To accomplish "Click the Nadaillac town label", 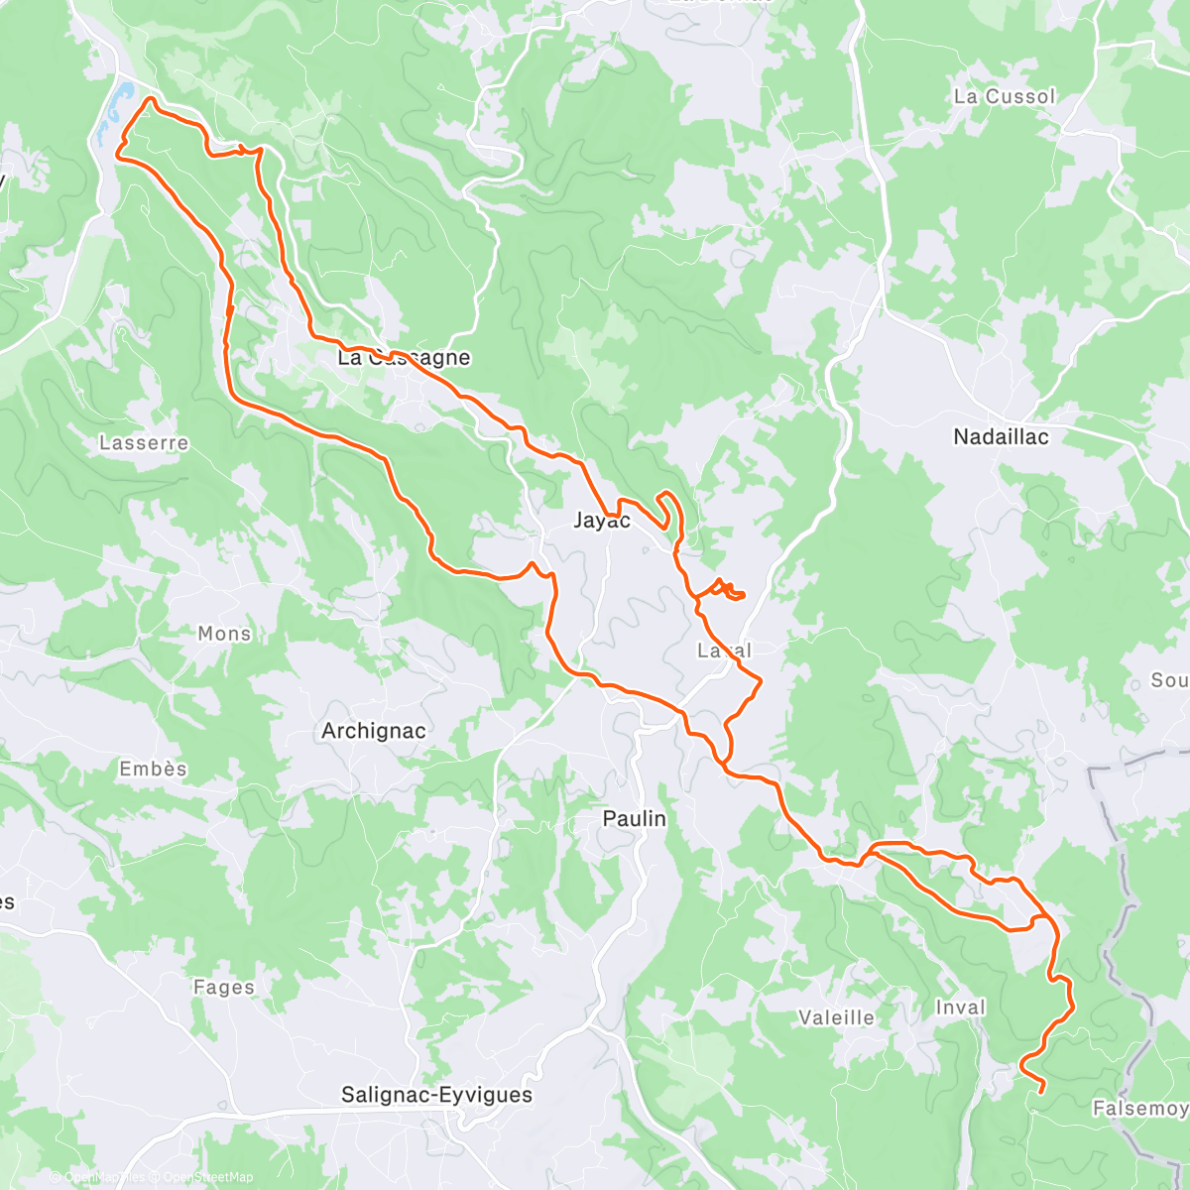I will tap(1001, 437).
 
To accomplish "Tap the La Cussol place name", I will tap(1005, 97).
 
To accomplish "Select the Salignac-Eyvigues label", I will tap(436, 1095).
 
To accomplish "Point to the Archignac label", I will tap(374, 731).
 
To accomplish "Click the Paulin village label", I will tap(635, 819).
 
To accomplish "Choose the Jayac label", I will tap(602, 521).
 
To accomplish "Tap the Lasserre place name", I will tap(144, 443).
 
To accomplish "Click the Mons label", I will tap(225, 634).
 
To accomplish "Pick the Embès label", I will tap(153, 770).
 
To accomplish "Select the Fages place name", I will tap(224, 988).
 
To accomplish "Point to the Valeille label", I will tap(837, 1017).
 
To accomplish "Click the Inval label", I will tap(960, 1009).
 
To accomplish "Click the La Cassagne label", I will tap(404, 358).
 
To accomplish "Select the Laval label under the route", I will tap(724, 652).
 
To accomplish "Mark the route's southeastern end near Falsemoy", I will tap(1042, 1092).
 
